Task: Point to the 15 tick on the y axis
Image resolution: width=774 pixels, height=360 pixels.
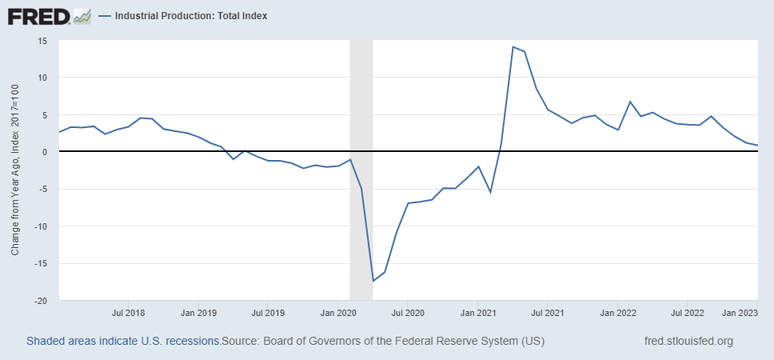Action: (x=43, y=41)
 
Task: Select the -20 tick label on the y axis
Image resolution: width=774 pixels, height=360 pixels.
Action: (x=41, y=301)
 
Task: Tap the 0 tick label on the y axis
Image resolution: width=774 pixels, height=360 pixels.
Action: (x=46, y=152)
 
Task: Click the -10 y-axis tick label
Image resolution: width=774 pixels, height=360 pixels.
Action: (x=41, y=226)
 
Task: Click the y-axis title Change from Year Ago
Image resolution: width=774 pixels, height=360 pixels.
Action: (x=15, y=170)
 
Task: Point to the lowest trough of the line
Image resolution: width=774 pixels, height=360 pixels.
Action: (x=373, y=281)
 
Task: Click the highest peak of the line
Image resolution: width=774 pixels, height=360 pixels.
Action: (x=513, y=46)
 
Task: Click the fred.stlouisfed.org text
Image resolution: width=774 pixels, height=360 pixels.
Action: (x=688, y=342)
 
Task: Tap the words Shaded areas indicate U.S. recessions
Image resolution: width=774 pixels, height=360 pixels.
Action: (x=123, y=342)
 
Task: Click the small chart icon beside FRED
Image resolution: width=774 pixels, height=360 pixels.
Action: (x=82, y=15)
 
